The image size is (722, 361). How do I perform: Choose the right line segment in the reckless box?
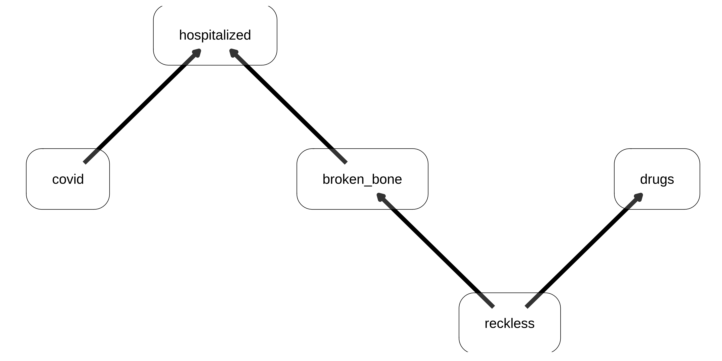(534, 300)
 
